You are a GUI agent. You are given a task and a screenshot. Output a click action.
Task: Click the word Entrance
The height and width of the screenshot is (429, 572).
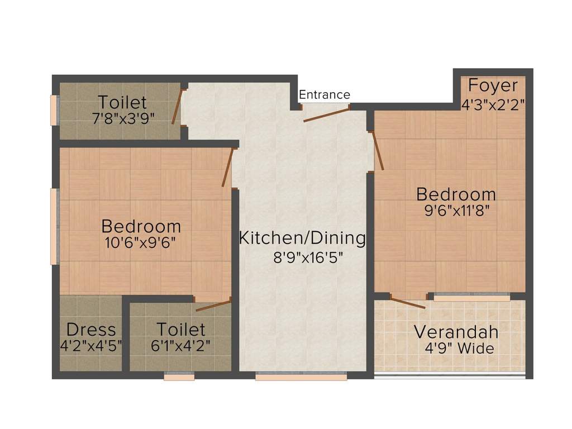325,95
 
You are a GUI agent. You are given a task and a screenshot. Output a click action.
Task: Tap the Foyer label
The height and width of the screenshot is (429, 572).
493,86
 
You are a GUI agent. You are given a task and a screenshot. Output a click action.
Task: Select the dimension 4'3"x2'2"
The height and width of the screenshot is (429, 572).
493,104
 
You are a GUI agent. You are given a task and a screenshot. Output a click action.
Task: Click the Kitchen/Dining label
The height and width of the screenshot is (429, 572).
302,238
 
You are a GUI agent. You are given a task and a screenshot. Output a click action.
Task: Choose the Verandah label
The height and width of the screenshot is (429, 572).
456,332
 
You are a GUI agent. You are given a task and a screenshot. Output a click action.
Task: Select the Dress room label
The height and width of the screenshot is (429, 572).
91,329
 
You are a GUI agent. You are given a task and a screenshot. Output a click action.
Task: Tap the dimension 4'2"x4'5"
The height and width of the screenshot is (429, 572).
91,346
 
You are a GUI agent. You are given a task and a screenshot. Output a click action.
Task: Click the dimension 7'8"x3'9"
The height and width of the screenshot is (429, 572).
122,118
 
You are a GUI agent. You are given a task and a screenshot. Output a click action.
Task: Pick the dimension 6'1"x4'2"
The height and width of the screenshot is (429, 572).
180,346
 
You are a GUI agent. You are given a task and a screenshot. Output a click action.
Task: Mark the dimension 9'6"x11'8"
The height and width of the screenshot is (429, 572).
456,212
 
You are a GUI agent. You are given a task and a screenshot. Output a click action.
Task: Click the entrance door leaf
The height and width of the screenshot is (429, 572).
326,114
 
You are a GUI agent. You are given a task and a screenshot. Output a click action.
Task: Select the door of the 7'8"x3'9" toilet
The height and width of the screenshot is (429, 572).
177,107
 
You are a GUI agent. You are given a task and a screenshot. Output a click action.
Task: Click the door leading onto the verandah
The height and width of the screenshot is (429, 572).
408,303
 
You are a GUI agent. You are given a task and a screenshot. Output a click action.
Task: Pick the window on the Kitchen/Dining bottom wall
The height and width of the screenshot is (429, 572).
301,378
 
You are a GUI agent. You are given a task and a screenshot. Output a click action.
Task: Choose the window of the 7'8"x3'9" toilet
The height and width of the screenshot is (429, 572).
54,111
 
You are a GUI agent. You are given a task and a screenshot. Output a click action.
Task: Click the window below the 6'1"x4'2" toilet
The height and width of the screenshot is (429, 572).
179,378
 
